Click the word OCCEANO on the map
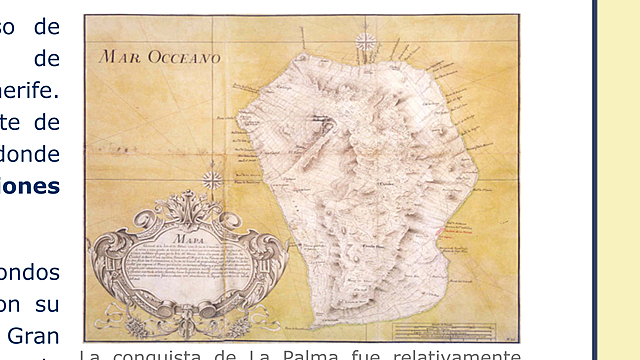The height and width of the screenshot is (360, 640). pos(184,58)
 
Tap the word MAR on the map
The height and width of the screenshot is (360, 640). pos(122,57)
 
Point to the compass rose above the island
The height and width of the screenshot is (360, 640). pos(366,42)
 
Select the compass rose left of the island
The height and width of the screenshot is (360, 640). pos(212,180)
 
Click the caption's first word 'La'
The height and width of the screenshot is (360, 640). pos(89,355)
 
